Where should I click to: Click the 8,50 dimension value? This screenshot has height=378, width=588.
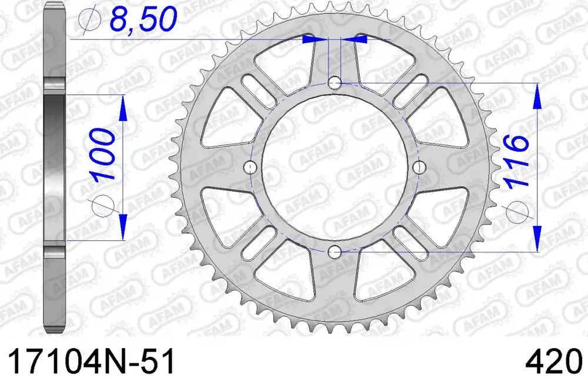click(143, 19)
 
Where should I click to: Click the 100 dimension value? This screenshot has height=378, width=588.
click(102, 155)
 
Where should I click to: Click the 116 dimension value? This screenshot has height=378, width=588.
click(517, 161)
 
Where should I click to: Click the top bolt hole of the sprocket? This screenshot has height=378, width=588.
click(335, 83)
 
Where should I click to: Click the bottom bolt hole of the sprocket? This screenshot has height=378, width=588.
click(335, 252)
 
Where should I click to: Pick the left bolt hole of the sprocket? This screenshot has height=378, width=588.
click(250, 168)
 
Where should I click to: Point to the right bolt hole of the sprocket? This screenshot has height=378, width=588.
click(419, 168)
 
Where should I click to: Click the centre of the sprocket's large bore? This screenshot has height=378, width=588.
click(335, 168)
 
